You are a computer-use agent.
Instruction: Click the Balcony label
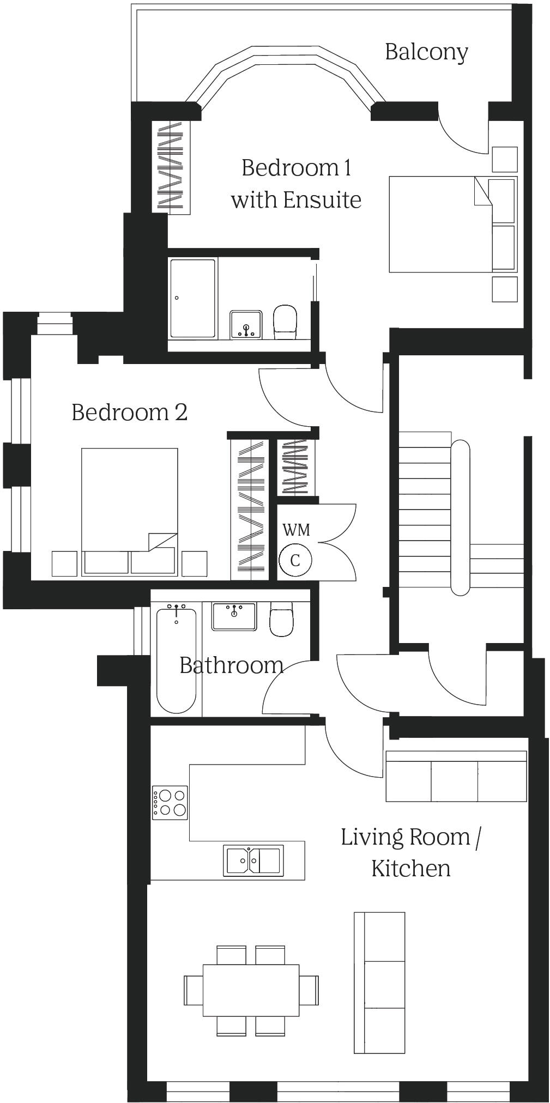(x=426, y=52)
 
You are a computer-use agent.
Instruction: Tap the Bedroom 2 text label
(x=130, y=413)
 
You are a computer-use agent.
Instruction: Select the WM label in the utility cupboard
(x=296, y=530)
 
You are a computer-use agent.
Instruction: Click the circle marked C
(x=295, y=560)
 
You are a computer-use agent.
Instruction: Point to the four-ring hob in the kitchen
(x=170, y=802)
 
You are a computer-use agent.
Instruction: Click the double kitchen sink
(x=253, y=860)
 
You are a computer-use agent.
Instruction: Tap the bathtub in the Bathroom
(x=176, y=660)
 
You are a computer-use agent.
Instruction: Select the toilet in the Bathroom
(x=281, y=620)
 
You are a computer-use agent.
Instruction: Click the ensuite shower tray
(x=192, y=299)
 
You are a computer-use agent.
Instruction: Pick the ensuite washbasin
(x=246, y=325)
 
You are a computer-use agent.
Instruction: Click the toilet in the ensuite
(x=285, y=320)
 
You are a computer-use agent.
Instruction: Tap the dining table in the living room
(x=251, y=990)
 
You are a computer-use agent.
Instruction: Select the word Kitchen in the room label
(x=411, y=869)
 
